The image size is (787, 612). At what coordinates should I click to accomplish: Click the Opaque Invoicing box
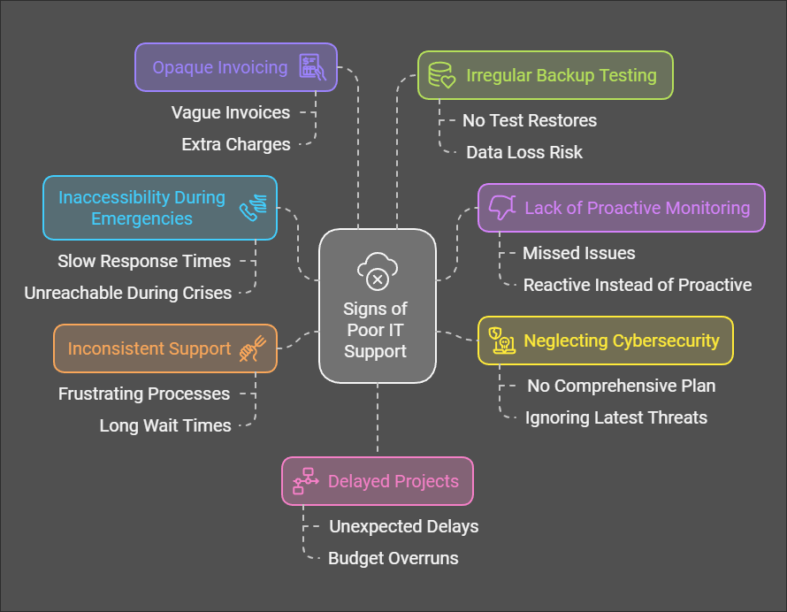pyautogui.click(x=236, y=67)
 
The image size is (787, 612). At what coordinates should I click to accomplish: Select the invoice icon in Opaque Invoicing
pyautogui.click(x=312, y=67)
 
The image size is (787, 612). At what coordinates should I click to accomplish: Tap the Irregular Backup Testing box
pyautogui.click(x=546, y=75)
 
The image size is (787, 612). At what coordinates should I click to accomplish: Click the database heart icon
pyautogui.click(x=441, y=75)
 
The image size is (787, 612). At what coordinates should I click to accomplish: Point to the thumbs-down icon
pyautogui.click(x=502, y=207)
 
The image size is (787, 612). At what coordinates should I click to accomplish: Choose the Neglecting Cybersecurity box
pyautogui.click(x=606, y=340)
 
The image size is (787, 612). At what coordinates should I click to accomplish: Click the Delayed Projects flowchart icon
pyautogui.click(x=306, y=481)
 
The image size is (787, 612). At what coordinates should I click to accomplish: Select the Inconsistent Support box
pyautogui.click(x=165, y=348)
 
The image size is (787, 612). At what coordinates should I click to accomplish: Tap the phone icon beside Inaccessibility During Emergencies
pyautogui.click(x=253, y=208)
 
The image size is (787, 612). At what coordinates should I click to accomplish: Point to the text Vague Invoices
pyautogui.click(x=231, y=112)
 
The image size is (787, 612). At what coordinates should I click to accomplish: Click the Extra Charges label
pyautogui.click(x=236, y=144)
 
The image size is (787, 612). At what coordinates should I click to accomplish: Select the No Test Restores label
pyautogui.click(x=530, y=120)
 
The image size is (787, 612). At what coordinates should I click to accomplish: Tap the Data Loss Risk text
pyautogui.click(x=524, y=152)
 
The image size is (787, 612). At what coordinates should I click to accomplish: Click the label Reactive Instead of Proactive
pyautogui.click(x=638, y=285)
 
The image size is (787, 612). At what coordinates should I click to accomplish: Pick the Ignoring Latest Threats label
pyautogui.click(x=616, y=417)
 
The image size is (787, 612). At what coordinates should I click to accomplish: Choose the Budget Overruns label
pyautogui.click(x=393, y=558)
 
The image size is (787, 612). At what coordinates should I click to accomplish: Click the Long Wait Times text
pyautogui.click(x=165, y=425)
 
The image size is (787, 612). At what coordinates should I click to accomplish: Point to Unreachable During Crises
pyautogui.click(x=128, y=294)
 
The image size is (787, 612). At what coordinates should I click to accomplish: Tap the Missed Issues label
pyautogui.click(x=578, y=253)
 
